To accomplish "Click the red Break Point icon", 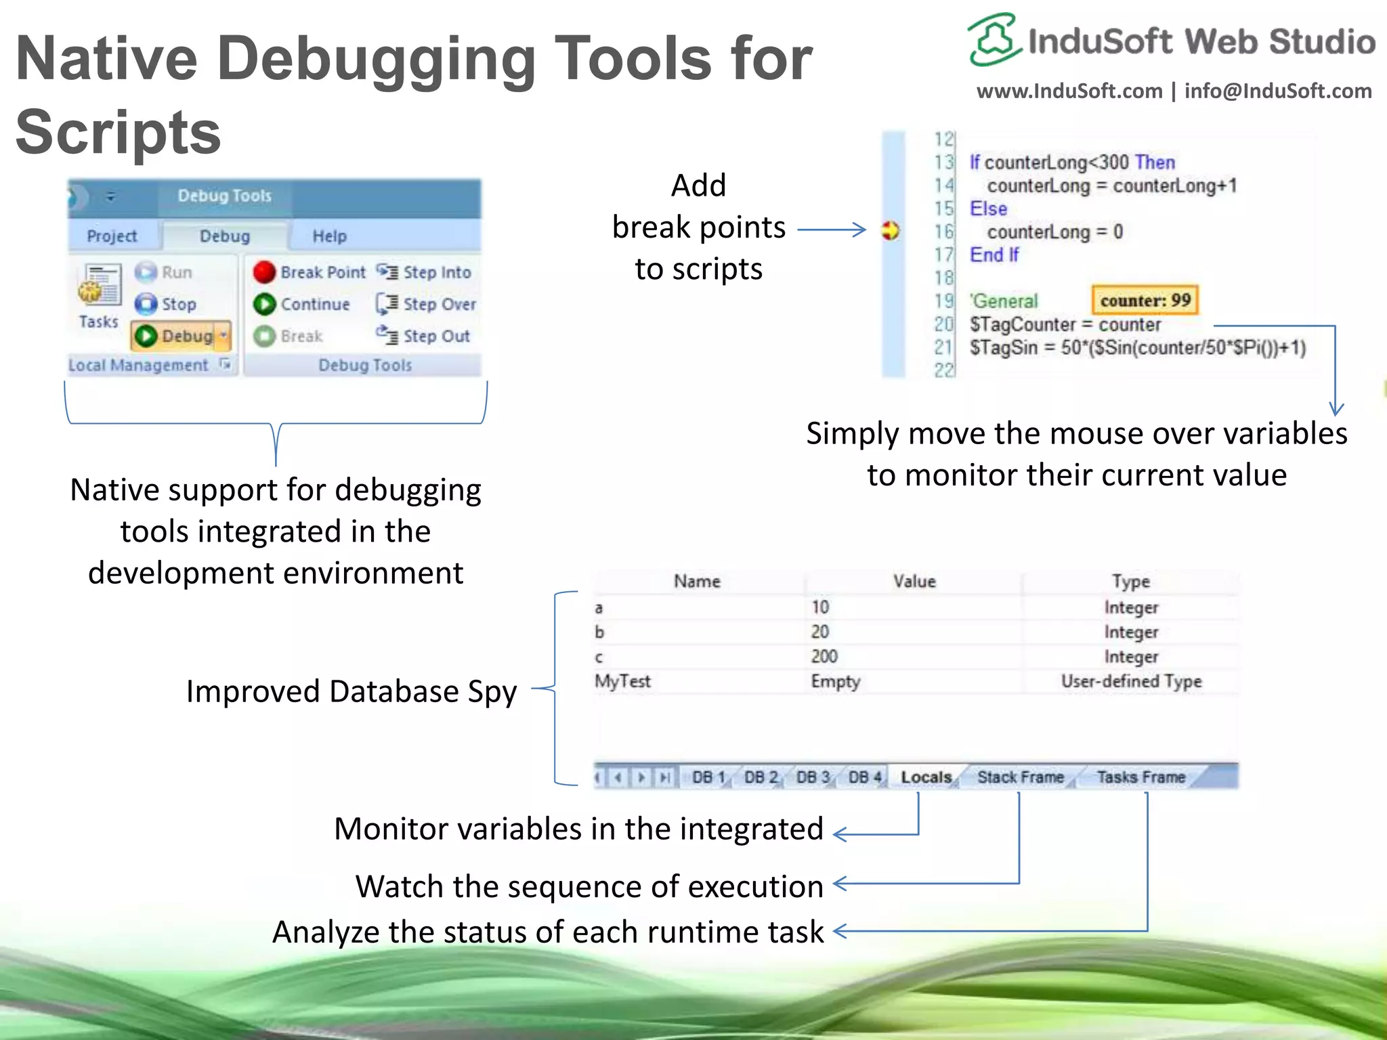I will [264, 272].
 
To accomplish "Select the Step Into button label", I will [437, 272].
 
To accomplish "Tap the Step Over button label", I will [440, 305].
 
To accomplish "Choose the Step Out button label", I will [436, 337].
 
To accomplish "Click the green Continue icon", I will [264, 305].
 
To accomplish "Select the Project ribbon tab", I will [112, 236].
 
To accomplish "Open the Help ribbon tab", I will [329, 236].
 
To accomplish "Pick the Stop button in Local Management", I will [167, 305].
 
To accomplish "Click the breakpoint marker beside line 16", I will [890, 231].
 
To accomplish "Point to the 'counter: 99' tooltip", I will [1145, 301].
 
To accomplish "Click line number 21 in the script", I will [943, 347].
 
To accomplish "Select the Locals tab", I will [926, 777].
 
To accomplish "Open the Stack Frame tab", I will [1020, 777].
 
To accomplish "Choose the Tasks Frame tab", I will [1141, 777].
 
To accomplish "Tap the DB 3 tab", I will [813, 777].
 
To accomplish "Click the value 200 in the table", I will [824, 656].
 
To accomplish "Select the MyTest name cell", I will [622, 681].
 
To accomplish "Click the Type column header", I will [1130, 582].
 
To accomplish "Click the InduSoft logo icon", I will [993, 40].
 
